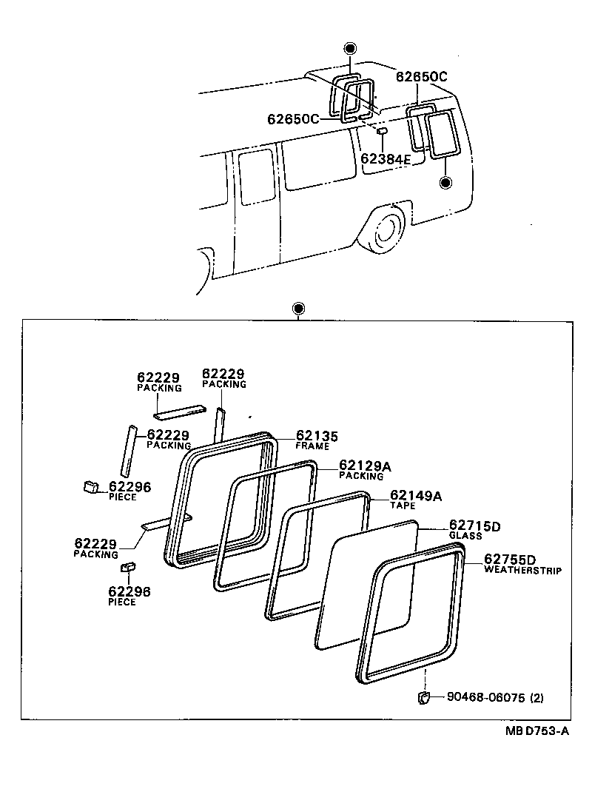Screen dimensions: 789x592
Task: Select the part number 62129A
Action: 365,466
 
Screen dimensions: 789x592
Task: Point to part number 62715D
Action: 475,526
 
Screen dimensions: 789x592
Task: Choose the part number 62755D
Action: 510,560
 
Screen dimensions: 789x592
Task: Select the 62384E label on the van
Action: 386,158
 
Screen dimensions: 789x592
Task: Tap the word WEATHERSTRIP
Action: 522,571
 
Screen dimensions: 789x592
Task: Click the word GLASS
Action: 465,536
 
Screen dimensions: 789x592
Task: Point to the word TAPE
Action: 403,506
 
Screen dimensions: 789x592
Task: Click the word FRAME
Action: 312,446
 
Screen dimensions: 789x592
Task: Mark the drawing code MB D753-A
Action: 537,731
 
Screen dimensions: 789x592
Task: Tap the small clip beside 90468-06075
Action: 424,697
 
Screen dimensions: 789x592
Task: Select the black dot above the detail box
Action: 299,308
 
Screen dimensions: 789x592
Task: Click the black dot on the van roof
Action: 351,48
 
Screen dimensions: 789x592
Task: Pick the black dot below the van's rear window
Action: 445,182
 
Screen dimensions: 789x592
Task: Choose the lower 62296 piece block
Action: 127,568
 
